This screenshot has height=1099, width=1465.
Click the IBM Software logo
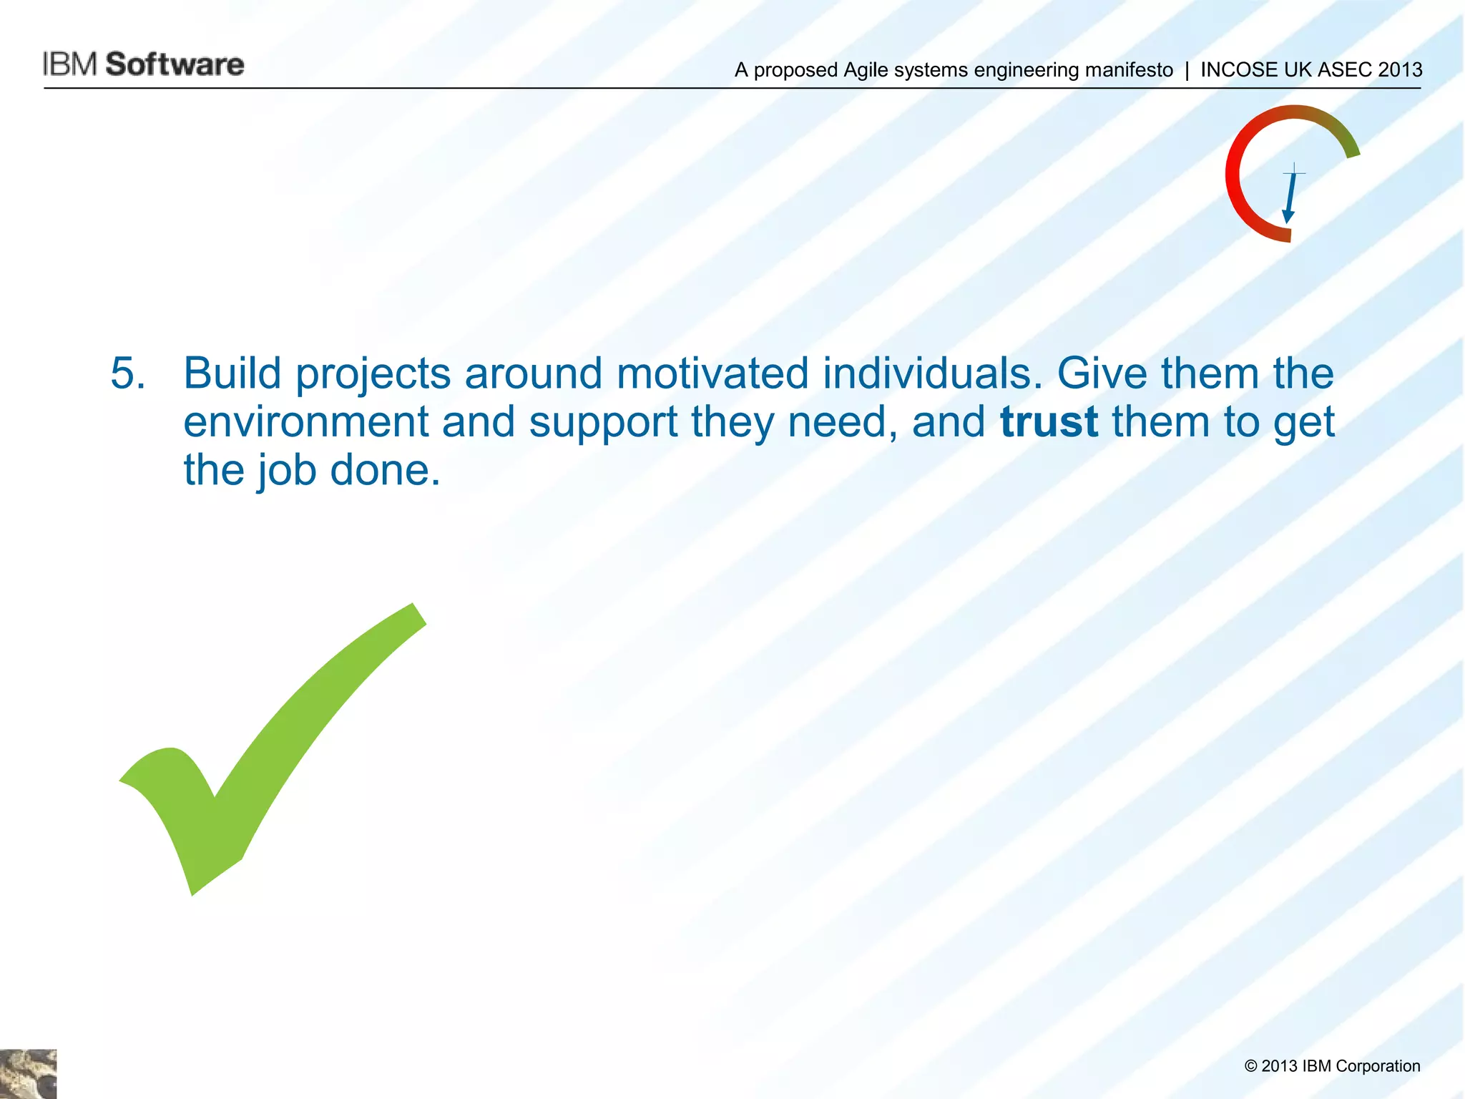pos(143,64)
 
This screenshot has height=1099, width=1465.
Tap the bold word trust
pos(1049,422)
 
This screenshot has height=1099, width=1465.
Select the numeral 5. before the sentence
pos(128,373)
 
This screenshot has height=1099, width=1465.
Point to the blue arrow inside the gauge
pos(1290,197)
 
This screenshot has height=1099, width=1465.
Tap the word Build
pos(232,373)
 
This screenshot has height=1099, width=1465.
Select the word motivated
pos(712,373)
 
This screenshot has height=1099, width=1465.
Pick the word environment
pos(305,422)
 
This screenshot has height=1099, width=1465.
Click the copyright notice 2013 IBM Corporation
pos(1332,1066)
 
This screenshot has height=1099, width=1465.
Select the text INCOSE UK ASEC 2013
pos(1311,70)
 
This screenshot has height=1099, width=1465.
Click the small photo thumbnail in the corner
pos(28,1073)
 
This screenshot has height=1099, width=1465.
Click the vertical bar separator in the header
pos(1187,70)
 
